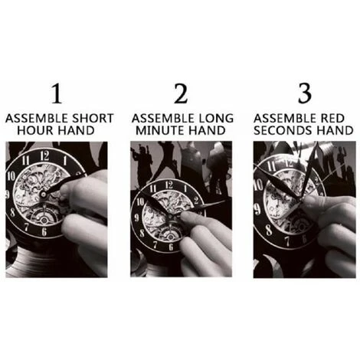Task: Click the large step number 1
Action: point(57,93)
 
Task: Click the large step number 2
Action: point(181,93)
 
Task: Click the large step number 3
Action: point(305,93)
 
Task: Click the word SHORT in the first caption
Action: point(93,119)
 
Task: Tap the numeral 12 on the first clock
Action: point(44,155)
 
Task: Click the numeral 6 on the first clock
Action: point(44,231)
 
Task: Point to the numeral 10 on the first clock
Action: point(11,176)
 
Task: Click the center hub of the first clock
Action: point(44,195)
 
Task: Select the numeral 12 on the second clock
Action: point(169,185)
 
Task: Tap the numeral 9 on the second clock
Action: point(137,218)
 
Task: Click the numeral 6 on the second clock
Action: point(171,247)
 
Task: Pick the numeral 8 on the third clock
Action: point(269,230)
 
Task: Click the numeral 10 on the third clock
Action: point(258,185)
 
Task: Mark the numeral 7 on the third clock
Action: point(288,241)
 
